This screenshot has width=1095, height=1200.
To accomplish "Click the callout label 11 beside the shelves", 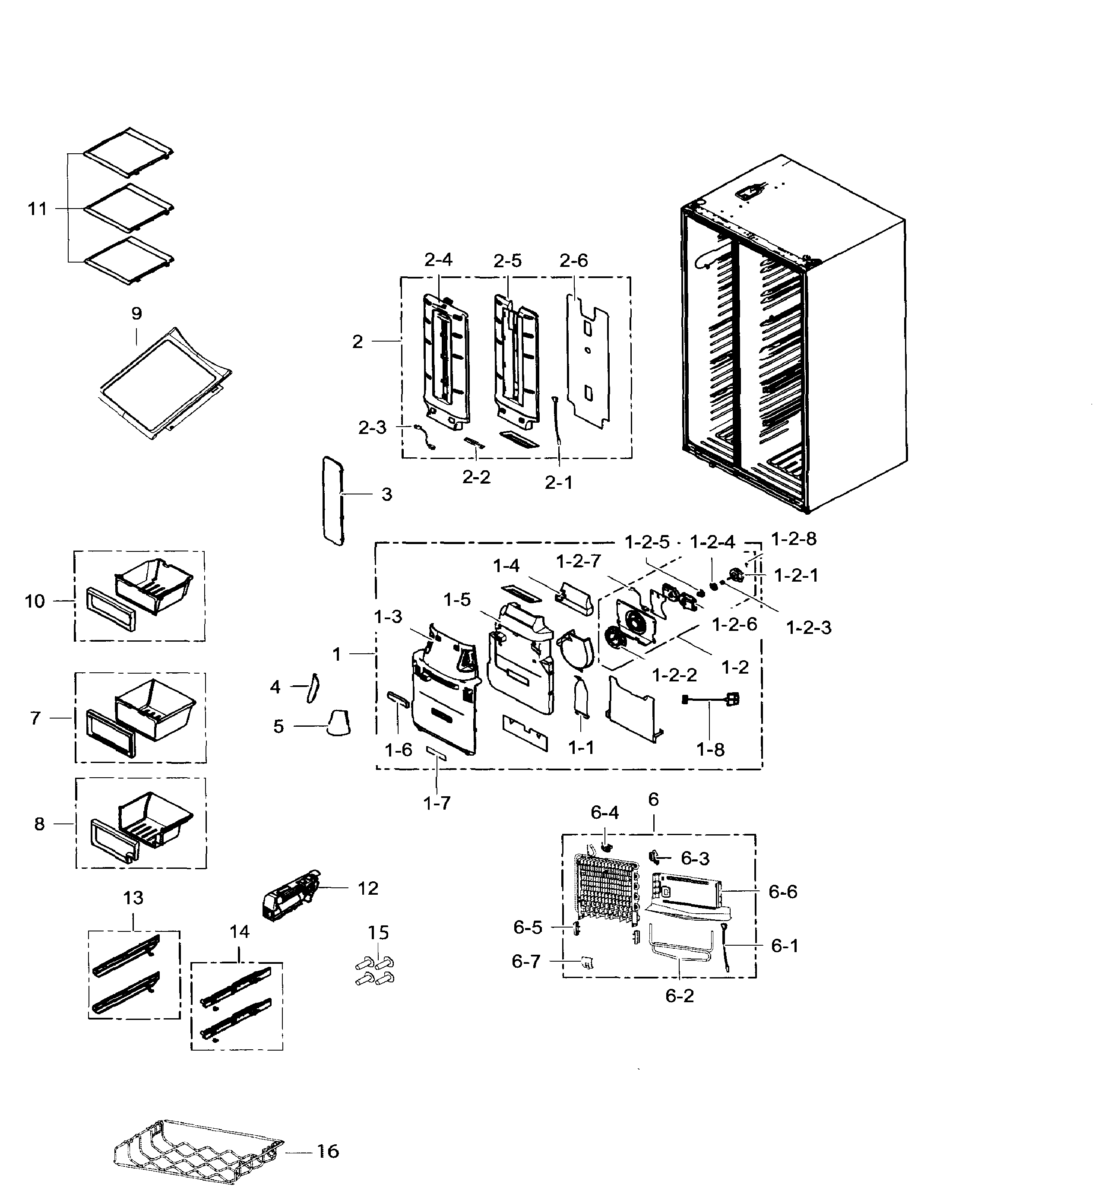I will [x=37, y=209].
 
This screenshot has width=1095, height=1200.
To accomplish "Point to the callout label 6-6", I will [x=782, y=892].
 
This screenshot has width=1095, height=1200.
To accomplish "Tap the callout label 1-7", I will [x=437, y=804].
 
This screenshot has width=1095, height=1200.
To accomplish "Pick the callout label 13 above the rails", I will [x=133, y=898].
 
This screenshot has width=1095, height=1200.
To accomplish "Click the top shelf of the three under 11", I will [x=128, y=152].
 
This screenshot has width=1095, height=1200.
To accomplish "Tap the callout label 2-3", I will [x=372, y=427].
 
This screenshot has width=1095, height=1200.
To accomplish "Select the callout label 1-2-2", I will [x=674, y=675].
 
